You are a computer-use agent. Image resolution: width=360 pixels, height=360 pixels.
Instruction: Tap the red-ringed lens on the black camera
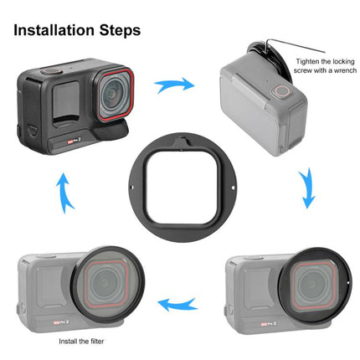[110, 95]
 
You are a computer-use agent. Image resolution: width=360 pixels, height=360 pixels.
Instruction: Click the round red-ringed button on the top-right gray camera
[285, 90]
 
